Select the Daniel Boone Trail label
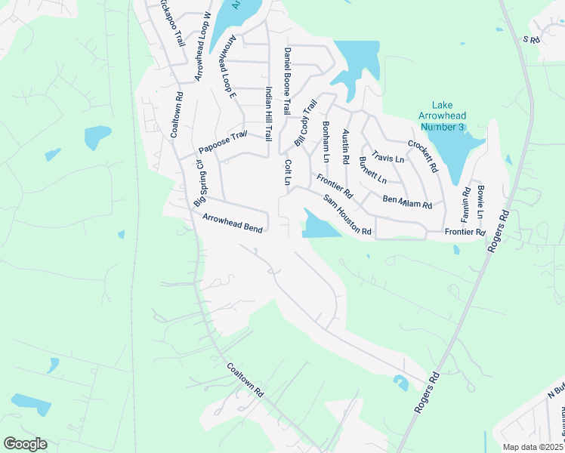[x=287, y=81]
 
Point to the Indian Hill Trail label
[x=267, y=113]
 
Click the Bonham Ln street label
[x=326, y=141]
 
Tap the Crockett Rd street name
[x=423, y=156]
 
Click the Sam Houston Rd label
[x=347, y=215]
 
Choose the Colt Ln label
[x=287, y=172]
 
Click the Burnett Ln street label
[x=373, y=171]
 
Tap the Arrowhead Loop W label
[x=203, y=46]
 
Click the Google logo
[x=25, y=444]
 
